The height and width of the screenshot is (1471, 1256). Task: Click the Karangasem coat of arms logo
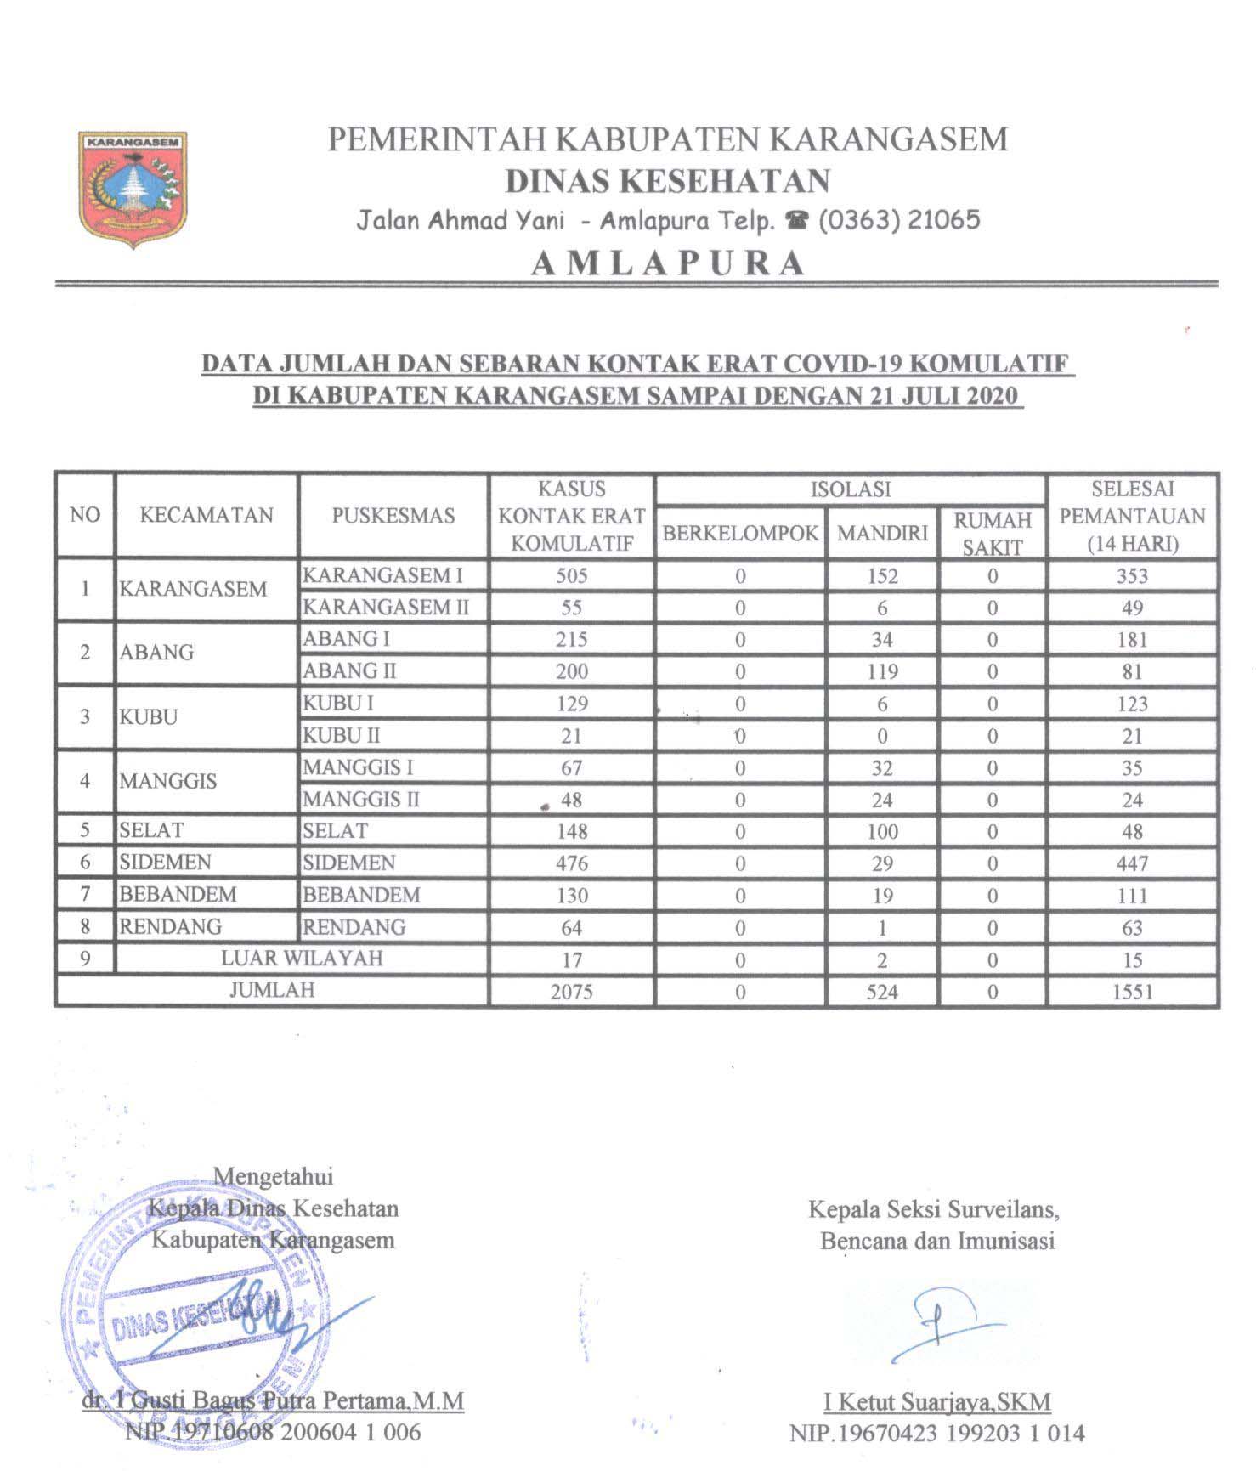click(133, 189)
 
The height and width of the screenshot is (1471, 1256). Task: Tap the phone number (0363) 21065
click(898, 221)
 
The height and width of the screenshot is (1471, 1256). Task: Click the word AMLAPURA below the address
click(668, 263)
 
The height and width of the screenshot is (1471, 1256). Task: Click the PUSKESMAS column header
click(393, 516)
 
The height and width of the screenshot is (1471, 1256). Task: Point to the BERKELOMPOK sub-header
click(740, 534)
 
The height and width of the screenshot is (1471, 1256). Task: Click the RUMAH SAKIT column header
click(992, 534)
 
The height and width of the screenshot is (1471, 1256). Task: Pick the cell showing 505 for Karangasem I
click(572, 576)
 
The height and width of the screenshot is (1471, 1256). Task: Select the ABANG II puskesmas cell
click(350, 671)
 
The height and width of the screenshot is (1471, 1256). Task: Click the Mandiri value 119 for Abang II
click(882, 672)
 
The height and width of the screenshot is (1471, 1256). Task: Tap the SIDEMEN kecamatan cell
click(166, 863)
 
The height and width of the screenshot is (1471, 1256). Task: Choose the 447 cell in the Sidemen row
click(1132, 864)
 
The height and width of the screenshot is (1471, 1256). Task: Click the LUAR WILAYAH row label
click(302, 959)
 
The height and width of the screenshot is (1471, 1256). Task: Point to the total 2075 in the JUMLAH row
click(571, 992)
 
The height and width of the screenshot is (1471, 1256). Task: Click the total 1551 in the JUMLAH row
click(1132, 992)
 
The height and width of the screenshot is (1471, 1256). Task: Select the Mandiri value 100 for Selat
click(882, 832)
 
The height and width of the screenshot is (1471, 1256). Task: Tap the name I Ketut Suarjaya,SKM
click(936, 1401)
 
